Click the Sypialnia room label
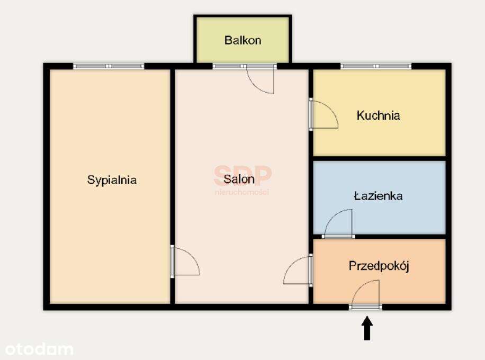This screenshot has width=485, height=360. (112, 180)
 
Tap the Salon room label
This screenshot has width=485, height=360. (238, 179)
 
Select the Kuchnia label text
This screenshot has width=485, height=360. (378, 115)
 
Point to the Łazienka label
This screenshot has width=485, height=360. (378, 196)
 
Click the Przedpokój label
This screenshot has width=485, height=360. (379, 266)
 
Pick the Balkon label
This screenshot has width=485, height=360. (242, 40)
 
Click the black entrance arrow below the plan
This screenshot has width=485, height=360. (367, 328)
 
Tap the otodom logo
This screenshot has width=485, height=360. (39, 349)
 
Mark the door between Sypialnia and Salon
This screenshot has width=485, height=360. (185, 262)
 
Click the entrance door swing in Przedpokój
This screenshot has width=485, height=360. (366, 293)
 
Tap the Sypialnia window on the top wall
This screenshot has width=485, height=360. (109, 66)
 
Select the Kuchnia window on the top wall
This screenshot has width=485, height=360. (376, 66)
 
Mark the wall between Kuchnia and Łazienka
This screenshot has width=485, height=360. (379, 158)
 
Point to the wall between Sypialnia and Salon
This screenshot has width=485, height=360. (173, 159)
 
